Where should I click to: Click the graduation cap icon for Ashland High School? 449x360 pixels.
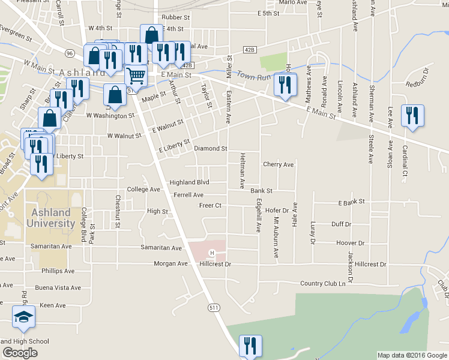pos(23,317)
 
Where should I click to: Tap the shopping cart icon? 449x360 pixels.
pos(136,77)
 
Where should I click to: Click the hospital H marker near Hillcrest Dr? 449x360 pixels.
pos(211,252)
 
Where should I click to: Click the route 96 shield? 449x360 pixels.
pos(70,53)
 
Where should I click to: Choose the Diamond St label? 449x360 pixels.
pos(210,148)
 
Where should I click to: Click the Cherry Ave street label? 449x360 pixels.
pos(279,164)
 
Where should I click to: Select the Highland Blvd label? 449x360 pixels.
pos(189,182)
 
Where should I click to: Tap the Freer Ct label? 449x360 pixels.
pos(211,206)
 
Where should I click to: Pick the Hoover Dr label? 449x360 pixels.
pos(351,243)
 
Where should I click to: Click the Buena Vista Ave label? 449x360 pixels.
pos(58,288)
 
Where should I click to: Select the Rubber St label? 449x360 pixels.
pos(175,18)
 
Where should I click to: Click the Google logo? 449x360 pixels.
pos(20,353)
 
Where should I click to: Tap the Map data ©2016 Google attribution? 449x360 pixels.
pos(412,355)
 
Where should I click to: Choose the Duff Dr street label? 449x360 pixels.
pos(342,224)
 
